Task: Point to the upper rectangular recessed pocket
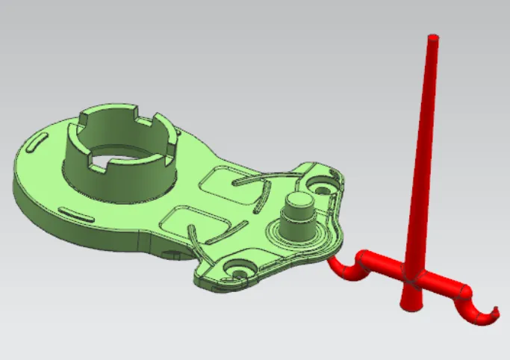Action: [x=224, y=179]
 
